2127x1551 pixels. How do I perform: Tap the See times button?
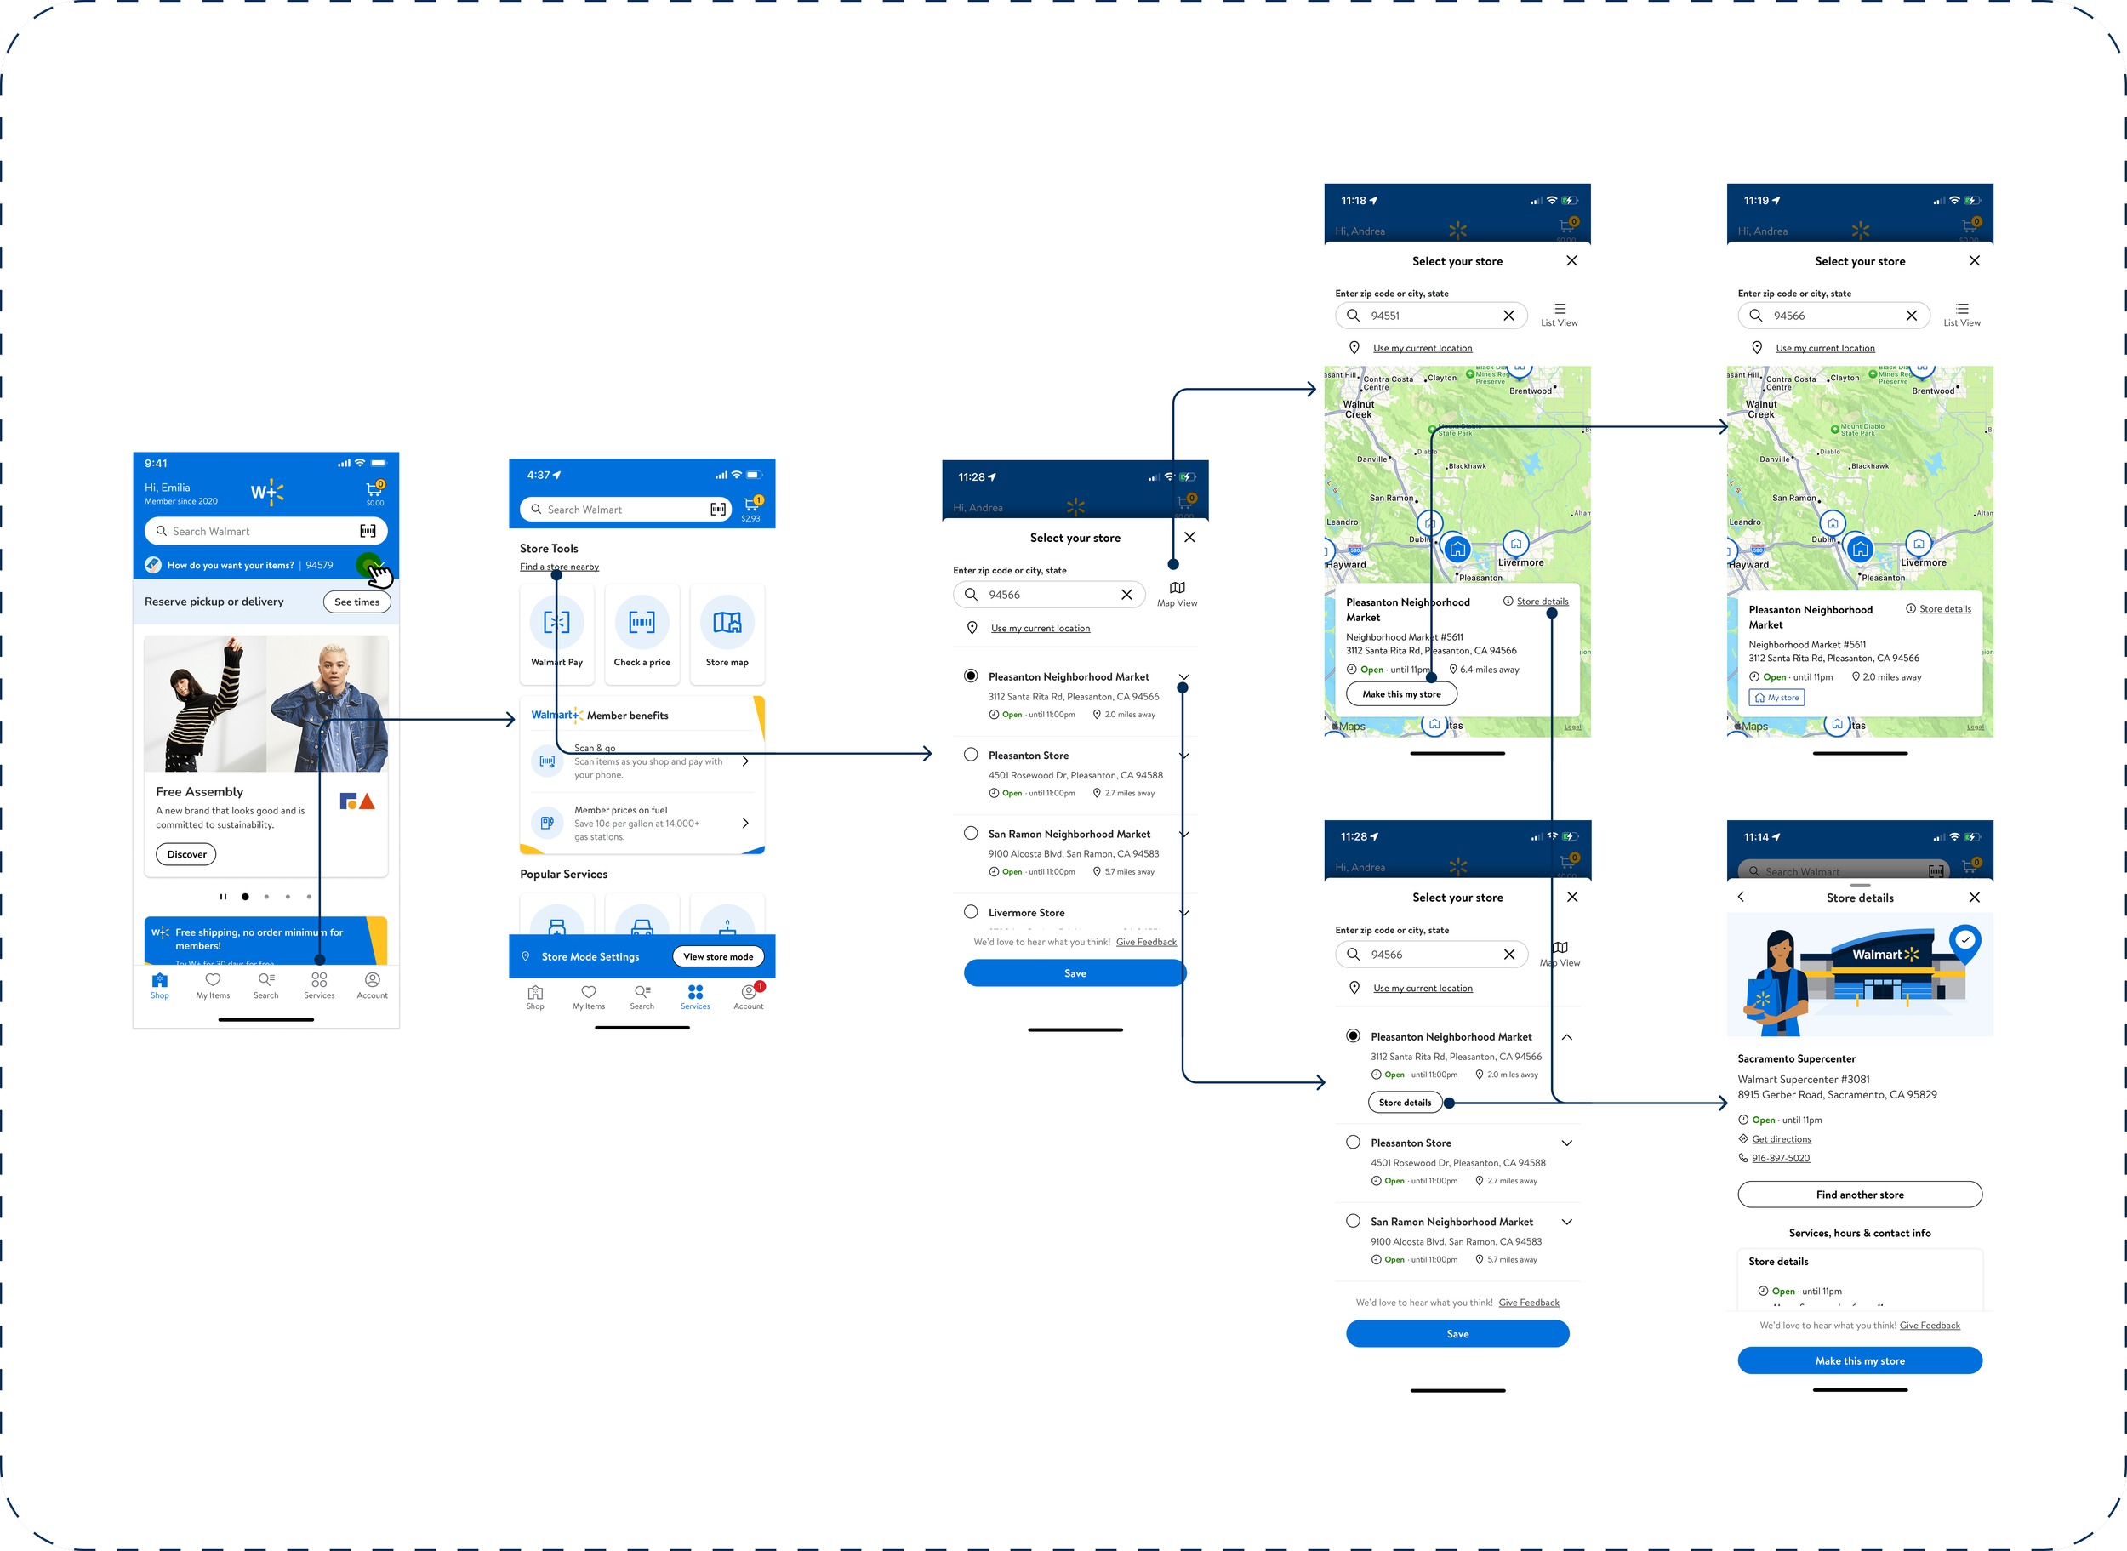tap(356, 602)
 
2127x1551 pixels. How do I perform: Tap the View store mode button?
tap(718, 956)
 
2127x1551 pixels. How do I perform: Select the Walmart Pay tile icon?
tap(556, 623)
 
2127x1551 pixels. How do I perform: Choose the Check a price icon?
tap(642, 623)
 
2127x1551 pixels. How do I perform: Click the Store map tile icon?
tap(727, 623)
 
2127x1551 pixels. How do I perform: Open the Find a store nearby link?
tap(560, 567)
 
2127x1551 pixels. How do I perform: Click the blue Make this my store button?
tap(1860, 1360)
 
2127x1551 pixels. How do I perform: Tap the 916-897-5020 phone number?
tap(1781, 1159)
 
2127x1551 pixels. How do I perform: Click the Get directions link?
tap(1782, 1140)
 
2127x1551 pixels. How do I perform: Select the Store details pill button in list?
tap(1406, 1103)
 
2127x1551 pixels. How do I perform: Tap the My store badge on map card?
tap(1776, 698)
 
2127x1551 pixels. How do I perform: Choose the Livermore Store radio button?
tap(971, 912)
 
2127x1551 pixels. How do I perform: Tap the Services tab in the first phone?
tap(319, 984)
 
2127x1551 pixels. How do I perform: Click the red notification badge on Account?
tap(761, 986)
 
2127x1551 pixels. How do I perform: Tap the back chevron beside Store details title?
tap(1742, 898)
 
